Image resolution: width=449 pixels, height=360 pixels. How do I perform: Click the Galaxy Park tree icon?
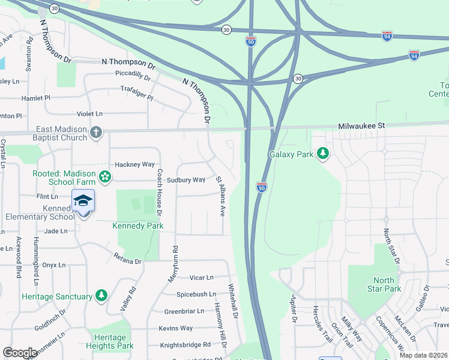[324, 154]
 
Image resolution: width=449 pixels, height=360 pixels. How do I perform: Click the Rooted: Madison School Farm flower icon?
[106, 176]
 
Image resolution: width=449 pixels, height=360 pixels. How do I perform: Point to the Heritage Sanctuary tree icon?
[101, 296]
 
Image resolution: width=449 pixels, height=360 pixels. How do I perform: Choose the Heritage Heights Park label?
[109, 342]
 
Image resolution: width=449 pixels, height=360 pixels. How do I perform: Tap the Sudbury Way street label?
[185, 180]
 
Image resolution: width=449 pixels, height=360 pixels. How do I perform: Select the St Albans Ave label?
[220, 196]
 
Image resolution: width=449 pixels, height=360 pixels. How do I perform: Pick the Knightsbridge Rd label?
[185, 345]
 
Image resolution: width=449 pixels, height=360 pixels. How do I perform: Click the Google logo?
[20, 353]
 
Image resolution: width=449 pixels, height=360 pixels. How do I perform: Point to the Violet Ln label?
[89, 113]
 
